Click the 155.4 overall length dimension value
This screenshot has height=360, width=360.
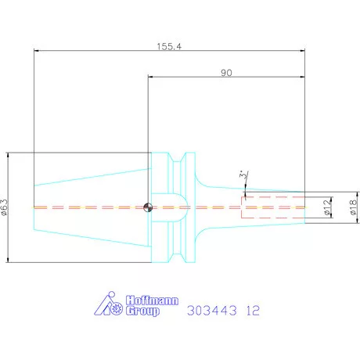pyautogui.click(x=169, y=46)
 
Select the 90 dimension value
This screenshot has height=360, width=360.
pyautogui.click(x=226, y=73)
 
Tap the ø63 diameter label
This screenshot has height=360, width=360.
pyautogui.click(x=5, y=207)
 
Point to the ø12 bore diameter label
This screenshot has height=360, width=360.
pyautogui.click(x=327, y=207)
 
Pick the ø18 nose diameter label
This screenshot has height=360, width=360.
pyautogui.click(x=353, y=207)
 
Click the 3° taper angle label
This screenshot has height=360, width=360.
pyautogui.click(x=243, y=175)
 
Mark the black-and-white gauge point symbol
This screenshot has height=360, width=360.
pyautogui.click(x=148, y=207)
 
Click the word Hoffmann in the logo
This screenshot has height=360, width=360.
pyautogui.click(x=152, y=301)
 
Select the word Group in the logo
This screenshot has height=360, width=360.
pyautogui.click(x=142, y=311)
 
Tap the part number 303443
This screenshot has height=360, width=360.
pyautogui.click(x=212, y=311)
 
